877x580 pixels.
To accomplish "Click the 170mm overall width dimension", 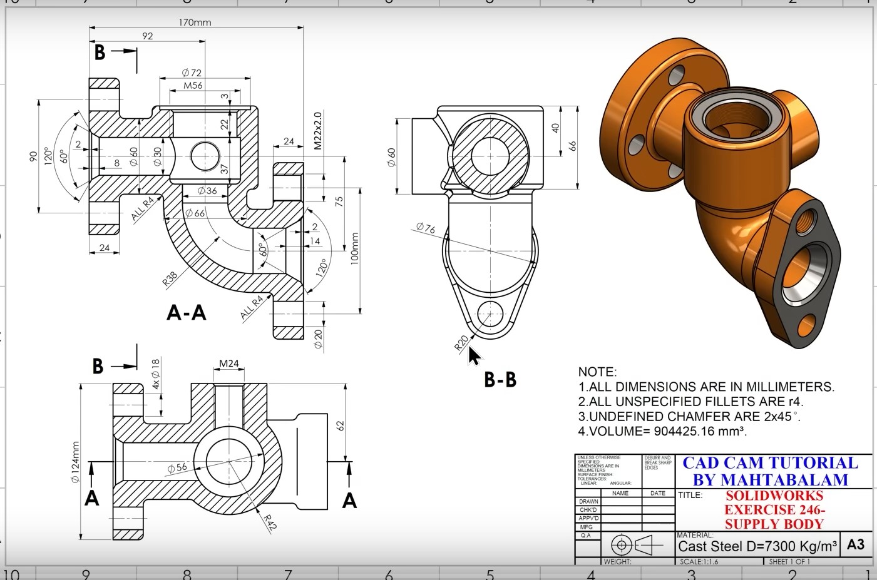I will coord(195,23).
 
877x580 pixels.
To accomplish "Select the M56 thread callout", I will coord(193,85).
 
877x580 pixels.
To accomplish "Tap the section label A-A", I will coord(186,312).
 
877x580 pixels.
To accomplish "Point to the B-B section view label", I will coord(500,379).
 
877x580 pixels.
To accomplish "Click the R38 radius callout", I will coord(170,278).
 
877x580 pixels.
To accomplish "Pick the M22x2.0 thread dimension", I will coord(317,131).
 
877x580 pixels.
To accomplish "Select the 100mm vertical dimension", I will coord(354,248).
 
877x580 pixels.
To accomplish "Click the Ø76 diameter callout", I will coord(425,228).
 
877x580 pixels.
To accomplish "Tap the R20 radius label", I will coord(461,343).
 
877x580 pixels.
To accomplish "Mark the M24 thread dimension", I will coord(229,364).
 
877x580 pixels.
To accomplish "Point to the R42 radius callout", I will coord(269,522).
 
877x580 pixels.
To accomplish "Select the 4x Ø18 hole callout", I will coord(156,374).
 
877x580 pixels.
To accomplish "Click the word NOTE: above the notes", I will coord(597,372).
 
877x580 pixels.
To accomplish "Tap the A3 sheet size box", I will coord(855,544).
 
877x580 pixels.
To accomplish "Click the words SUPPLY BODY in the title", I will coord(774,524).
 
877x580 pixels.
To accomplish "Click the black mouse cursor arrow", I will coord(474,355).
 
